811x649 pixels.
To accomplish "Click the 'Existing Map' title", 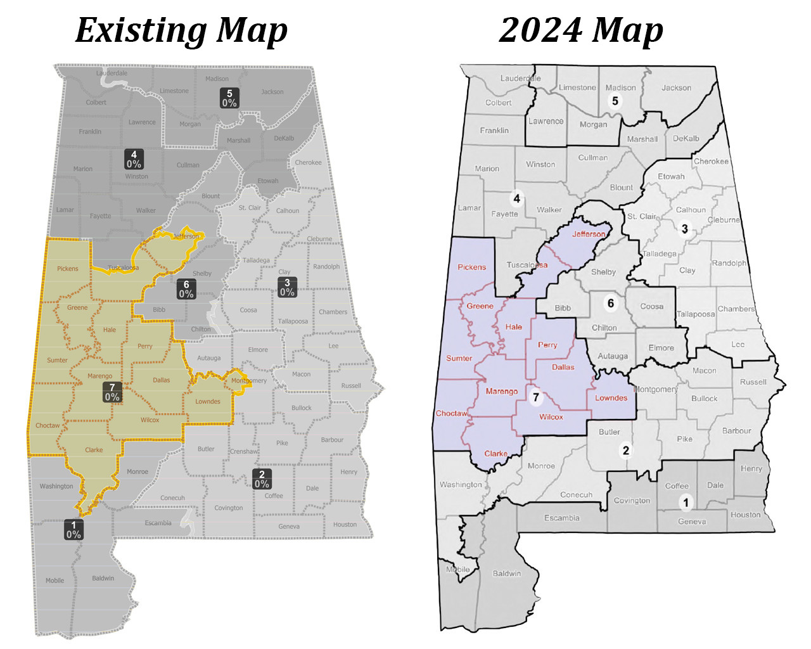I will [181, 30].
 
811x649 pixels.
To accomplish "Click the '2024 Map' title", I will [580, 30].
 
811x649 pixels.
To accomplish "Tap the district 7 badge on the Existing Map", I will [112, 392].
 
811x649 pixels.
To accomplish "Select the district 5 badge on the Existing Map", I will [229, 98].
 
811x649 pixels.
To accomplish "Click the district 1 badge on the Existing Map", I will [73, 529].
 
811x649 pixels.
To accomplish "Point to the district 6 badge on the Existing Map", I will [186, 289].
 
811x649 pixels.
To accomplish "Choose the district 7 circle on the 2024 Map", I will [536, 397].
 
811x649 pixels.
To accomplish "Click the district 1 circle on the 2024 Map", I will [685, 503].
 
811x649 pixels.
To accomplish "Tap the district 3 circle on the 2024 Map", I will [684, 229].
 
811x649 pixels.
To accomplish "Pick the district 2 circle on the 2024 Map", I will [626, 450].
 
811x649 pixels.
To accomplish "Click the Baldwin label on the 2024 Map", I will [507, 574].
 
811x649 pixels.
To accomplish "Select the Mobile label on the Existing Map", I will [54, 581].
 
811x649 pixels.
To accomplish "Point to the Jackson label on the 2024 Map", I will [676, 88].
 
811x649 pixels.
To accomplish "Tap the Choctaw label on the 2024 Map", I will [451, 413].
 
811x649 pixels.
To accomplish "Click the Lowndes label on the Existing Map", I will [208, 401].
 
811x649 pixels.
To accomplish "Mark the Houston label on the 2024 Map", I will [745, 515].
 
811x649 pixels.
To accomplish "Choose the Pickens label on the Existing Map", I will [68, 269].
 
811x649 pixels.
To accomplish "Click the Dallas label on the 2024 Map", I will [563, 367].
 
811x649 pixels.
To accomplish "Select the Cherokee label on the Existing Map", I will [308, 163].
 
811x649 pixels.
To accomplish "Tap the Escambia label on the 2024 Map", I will [562, 518].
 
